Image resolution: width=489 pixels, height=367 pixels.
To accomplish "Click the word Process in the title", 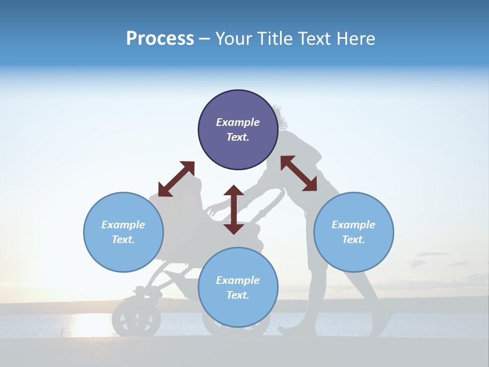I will click(x=160, y=39).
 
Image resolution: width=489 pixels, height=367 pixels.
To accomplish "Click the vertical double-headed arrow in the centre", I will click(x=234, y=209).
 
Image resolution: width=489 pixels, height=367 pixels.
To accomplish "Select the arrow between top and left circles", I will click(x=176, y=179).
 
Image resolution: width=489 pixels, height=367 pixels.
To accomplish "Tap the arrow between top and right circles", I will click(x=298, y=173).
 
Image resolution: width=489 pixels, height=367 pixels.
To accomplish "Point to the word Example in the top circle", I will click(x=238, y=122).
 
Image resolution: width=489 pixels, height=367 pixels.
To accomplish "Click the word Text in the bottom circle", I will click(x=238, y=295).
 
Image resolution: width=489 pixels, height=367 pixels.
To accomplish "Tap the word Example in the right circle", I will click(x=354, y=225).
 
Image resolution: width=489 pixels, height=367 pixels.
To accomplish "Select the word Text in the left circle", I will click(x=123, y=240).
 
